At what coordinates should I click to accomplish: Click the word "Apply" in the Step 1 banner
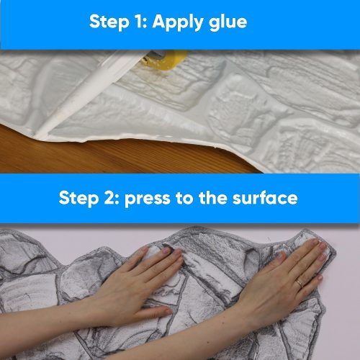pyautogui.click(x=181, y=22)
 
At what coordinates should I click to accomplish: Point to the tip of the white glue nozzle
pyautogui.click(x=40, y=135)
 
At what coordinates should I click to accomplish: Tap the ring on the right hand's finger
pyautogui.click(x=300, y=283)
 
